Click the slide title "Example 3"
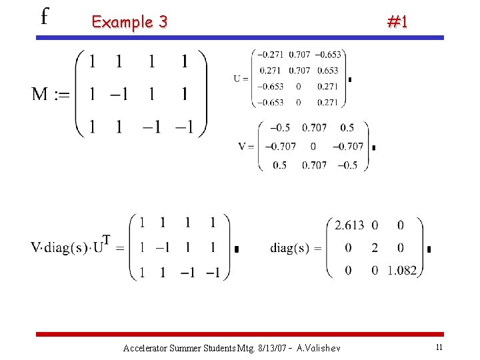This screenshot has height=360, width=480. tap(129, 22)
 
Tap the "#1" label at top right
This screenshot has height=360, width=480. tap(397, 22)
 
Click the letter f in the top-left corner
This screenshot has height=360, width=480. tap(45, 16)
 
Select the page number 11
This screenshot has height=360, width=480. tap(439, 347)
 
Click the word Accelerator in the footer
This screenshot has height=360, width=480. tap(145, 348)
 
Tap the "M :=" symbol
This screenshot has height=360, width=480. tap(51, 94)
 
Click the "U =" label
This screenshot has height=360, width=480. tap(241, 78)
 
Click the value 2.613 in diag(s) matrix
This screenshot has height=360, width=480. tap(349, 225)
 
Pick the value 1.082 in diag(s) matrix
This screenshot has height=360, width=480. tap(401, 271)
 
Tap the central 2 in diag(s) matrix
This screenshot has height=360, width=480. tap(375, 248)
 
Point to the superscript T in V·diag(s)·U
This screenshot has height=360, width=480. tap(106, 239)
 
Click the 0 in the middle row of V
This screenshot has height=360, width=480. tap(313, 147)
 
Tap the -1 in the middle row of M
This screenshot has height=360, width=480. tap(119, 94)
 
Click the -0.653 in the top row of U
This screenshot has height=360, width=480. tap(327, 55)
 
